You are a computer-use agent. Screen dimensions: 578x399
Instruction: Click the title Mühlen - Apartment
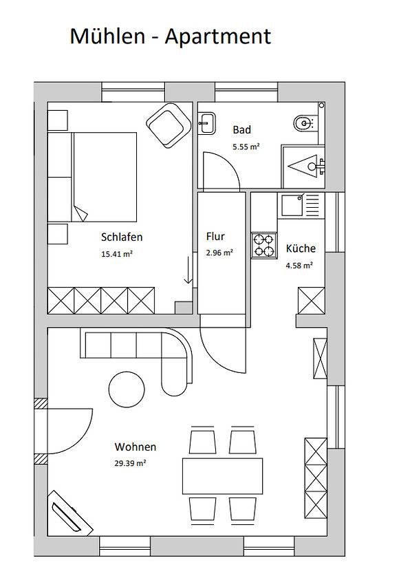point(170,36)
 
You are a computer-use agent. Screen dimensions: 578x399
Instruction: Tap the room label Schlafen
point(122,237)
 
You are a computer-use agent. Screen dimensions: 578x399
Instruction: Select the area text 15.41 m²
point(116,253)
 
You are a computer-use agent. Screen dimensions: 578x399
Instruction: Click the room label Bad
point(241,129)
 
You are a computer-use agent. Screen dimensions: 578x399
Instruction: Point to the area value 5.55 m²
point(246,146)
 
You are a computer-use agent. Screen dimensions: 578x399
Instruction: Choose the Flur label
point(215,237)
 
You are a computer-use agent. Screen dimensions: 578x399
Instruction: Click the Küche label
point(301,248)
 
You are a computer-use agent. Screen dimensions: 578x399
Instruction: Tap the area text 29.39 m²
point(131,462)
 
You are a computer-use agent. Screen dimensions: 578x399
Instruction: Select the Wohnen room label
point(136,446)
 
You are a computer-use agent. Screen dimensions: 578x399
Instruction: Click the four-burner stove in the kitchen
point(263,245)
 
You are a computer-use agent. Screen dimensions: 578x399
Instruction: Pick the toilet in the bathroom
point(303,124)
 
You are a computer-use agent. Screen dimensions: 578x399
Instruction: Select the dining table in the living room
point(223,475)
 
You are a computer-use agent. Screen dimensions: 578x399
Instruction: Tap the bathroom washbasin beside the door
point(206,124)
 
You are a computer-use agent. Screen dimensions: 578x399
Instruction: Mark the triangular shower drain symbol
point(305,165)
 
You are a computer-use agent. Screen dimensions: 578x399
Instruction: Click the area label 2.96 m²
point(219,253)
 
